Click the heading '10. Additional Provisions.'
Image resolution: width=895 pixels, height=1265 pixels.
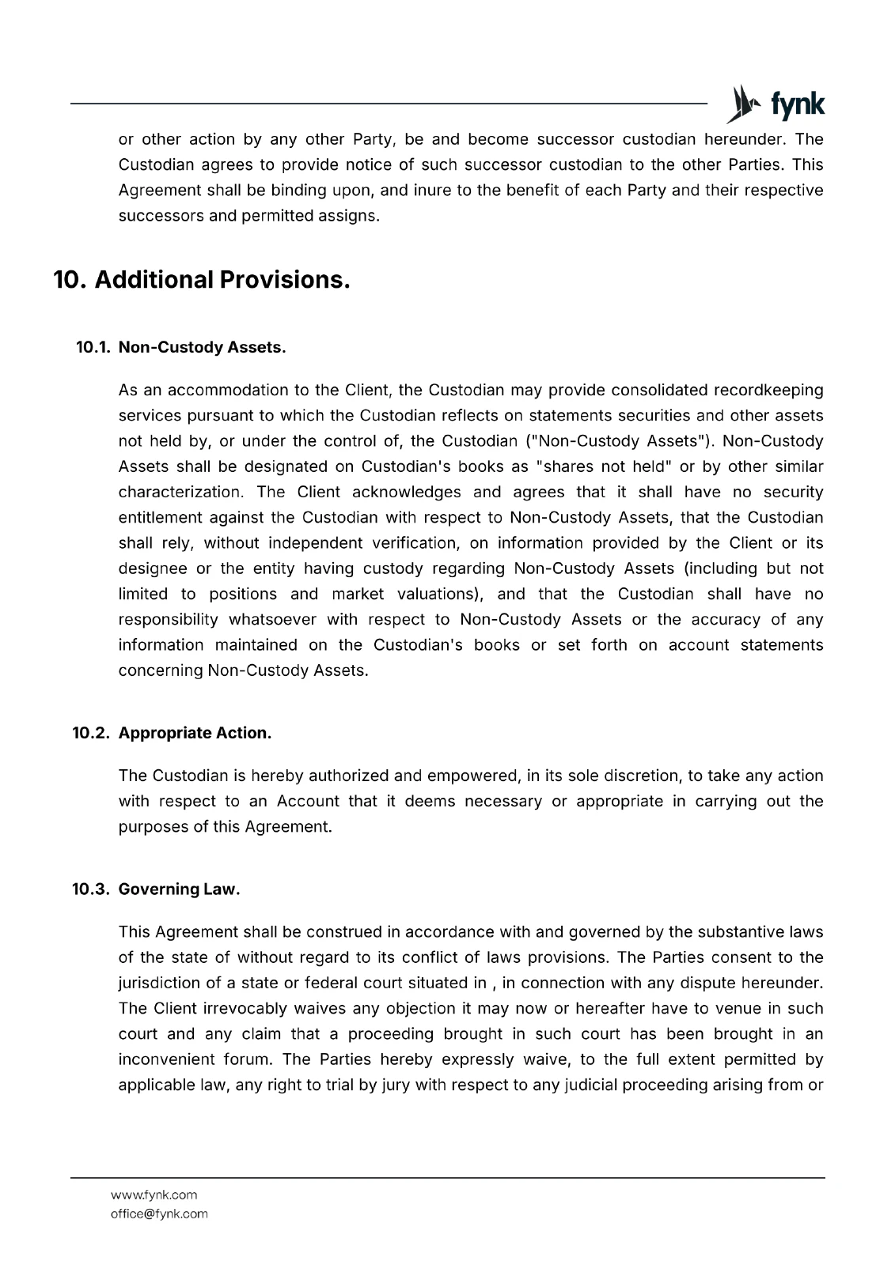click(x=201, y=279)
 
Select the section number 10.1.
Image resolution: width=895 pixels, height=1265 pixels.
click(x=93, y=347)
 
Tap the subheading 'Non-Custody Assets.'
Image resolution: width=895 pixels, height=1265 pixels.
click(x=202, y=347)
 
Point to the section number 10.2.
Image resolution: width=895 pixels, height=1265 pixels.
click(x=92, y=733)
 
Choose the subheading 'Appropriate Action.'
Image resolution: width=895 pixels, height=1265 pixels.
click(x=195, y=733)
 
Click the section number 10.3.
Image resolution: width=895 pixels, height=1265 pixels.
click(x=92, y=889)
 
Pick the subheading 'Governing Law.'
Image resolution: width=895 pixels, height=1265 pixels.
click(x=179, y=889)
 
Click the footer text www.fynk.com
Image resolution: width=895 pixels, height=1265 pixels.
click(x=154, y=1195)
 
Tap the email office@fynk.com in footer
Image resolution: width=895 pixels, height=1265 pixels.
click(x=159, y=1214)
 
